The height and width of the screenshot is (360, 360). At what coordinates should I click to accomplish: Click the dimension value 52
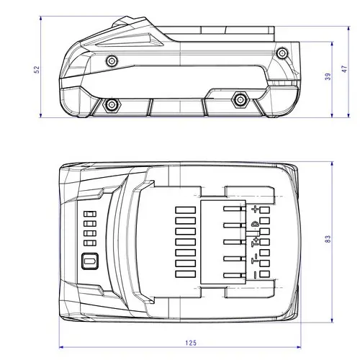[37, 70]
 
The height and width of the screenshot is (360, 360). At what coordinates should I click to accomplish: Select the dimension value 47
[344, 69]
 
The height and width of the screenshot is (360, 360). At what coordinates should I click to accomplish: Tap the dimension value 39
[328, 76]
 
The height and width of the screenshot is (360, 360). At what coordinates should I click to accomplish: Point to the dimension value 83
[328, 239]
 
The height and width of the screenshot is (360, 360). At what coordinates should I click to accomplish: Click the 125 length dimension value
[191, 343]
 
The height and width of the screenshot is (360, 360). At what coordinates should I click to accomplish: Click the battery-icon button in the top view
[90, 261]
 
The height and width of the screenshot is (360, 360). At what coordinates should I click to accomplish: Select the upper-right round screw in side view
[282, 53]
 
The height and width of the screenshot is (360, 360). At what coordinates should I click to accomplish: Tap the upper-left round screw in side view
[112, 61]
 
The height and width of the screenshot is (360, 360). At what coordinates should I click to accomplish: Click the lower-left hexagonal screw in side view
[112, 104]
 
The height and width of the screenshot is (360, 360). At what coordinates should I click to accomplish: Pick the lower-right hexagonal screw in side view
[240, 99]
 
